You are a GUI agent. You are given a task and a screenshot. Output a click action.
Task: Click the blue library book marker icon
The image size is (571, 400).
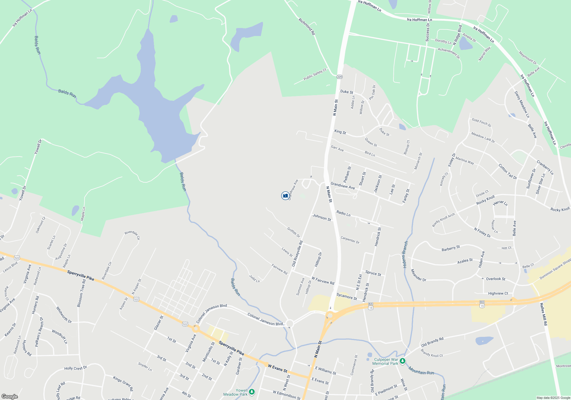pyautogui.click(x=285, y=196)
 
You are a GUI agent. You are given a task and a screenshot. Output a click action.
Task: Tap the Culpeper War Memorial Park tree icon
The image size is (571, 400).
pyautogui.click(x=402, y=361)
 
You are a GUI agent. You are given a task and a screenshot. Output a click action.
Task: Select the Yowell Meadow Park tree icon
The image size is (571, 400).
pyautogui.click(x=252, y=392)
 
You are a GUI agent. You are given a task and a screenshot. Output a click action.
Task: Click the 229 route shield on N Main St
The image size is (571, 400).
pyautogui.click(x=339, y=77)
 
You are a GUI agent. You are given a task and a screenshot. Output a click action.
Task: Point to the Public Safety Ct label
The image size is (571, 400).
pyautogui.click(x=315, y=74)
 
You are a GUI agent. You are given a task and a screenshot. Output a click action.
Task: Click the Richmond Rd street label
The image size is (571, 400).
pyautogui.click(x=307, y=27)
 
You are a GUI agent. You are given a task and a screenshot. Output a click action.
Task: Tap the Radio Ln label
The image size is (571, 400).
pyautogui.click(x=343, y=213)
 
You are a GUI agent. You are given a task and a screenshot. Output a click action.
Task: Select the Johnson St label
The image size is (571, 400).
pyautogui.click(x=321, y=217)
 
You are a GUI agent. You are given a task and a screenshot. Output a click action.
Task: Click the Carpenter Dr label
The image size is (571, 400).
pyautogui.click(x=350, y=240)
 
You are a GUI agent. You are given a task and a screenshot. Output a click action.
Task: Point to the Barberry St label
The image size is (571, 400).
pyautogui.click(x=451, y=248)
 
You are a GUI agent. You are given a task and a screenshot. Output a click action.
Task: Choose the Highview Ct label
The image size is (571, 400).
pyautogui.click(x=498, y=293)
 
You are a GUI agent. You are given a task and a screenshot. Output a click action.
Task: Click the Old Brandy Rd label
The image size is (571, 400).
pyautogui.click(x=432, y=342)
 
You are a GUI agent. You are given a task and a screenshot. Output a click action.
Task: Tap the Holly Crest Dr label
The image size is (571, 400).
pyautogui.click(x=75, y=368)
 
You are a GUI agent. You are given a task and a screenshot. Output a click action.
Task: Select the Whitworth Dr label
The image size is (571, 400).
pyautogui.click(x=64, y=315)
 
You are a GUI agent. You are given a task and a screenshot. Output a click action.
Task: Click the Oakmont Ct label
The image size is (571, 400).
pyautogui.click(x=40, y=225)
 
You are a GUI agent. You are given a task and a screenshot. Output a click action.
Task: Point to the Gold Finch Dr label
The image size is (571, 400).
pyautogui.click(x=481, y=123)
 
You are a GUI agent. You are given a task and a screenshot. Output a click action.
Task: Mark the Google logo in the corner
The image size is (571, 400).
pyautogui.click(x=10, y=396)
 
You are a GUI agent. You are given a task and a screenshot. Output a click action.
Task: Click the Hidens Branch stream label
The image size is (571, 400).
pyautogui.click(x=405, y=254)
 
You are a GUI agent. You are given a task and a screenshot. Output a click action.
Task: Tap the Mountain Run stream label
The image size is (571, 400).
pyautogui.click(x=421, y=371)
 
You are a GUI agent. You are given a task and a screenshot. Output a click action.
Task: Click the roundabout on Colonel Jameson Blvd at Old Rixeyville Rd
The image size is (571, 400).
pyautogui.click(x=289, y=324)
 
